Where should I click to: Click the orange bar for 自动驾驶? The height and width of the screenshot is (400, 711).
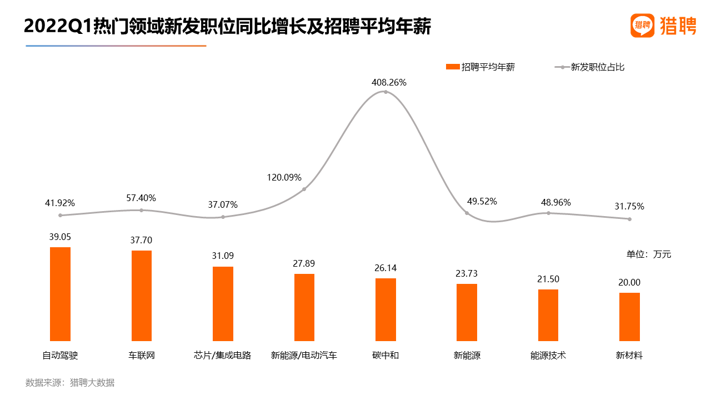pyautogui.click(x=60, y=294)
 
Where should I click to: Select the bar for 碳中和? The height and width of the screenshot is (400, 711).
pyautogui.click(x=385, y=309)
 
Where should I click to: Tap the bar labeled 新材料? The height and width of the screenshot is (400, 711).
pyautogui.click(x=629, y=317)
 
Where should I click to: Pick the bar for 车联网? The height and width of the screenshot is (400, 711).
pyautogui.click(x=141, y=296)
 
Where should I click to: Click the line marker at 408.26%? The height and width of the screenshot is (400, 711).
pyautogui.click(x=385, y=92)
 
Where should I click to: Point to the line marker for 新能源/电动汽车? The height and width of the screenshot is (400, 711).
pyautogui.click(x=304, y=189)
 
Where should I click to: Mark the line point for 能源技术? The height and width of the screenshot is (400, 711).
pyautogui.click(x=548, y=213)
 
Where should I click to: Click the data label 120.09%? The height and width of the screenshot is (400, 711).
pyautogui.click(x=284, y=178)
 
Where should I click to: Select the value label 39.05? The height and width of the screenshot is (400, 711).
pyautogui.click(x=60, y=237)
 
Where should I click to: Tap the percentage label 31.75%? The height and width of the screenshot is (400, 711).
pyautogui.click(x=629, y=206)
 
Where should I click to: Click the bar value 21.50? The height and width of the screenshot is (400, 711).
pyautogui.click(x=548, y=279)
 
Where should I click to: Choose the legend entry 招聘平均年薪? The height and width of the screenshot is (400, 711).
pyautogui.click(x=480, y=67)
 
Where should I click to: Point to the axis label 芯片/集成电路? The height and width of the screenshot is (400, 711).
pyautogui.click(x=223, y=356)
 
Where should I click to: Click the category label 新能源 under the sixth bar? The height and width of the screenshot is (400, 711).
pyautogui.click(x=467, y=356)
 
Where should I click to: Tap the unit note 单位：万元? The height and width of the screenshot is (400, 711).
pyautogui.click(x=649, y=254)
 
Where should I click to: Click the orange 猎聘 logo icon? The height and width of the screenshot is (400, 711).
pyautogui.click(x=642, y=26)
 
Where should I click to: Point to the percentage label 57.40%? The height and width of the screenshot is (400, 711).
pyautogui.click(x=141, y=198)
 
